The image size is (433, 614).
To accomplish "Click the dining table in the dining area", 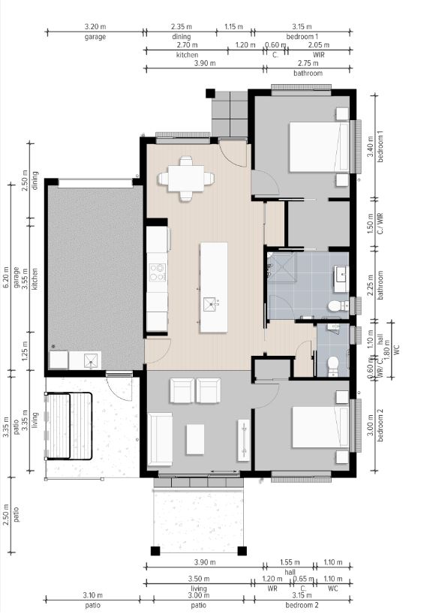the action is pos(186,179).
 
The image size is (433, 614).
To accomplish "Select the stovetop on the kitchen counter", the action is pos(158,272).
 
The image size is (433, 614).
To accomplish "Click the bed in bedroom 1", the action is pos(319,147).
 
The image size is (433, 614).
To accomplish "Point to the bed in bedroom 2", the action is pos(320,427).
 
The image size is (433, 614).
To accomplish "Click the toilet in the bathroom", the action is pos(338,305).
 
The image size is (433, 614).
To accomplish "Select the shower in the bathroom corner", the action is pos(282,267).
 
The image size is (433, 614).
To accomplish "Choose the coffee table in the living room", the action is pos(195,439).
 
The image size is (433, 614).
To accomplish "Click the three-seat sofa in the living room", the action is pos(160,438).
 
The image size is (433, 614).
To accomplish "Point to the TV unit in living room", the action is pos(243,440).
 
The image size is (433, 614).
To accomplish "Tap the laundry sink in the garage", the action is pos(92,360).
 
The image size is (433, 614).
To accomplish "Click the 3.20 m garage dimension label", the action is pos(95,27).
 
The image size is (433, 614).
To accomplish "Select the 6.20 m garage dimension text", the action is pos(5,277).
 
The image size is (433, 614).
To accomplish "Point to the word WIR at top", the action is pos(319,55).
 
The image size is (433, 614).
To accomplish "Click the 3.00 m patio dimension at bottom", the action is pos(199,595).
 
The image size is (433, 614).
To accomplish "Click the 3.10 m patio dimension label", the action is pos(93,595).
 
